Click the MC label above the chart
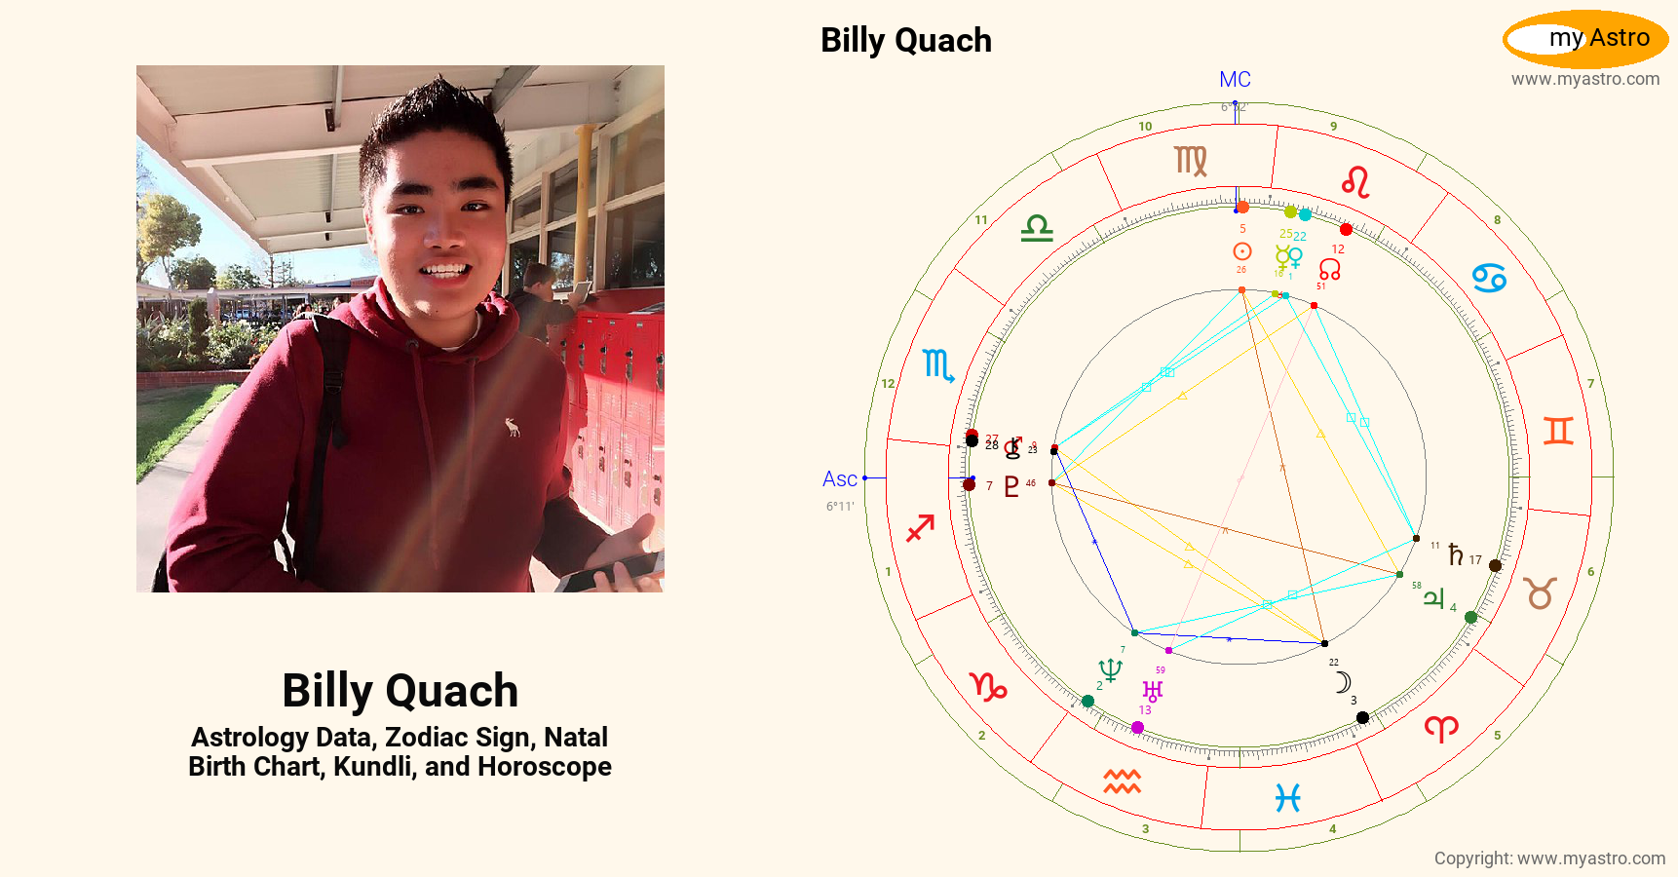tap(1235, 80)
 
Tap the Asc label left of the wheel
tap(839, 479)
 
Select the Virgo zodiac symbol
tap(1191, 161)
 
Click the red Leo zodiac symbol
tap(1355, 182)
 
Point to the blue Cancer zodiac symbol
tap(1489, 279)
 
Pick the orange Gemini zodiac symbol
tap(1558, 430)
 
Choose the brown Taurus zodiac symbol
tap(1541, 592)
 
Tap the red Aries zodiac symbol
tap(1441, 728)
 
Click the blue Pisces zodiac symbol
tap(1288, 798)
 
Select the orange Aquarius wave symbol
tap(1122, 781)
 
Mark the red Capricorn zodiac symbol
tap(988, 687)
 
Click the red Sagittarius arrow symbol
tap(920, 528)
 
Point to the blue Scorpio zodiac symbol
tap(937, 365)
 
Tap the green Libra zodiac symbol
tap(1037, 229)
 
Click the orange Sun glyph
tap(1241, 251)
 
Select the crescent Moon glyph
tap(1343, 682)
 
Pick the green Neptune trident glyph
tap(1110, 669)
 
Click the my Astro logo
tap(1585, 39)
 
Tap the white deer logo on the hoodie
tap(512, 427)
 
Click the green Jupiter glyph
tap(1433, 597)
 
